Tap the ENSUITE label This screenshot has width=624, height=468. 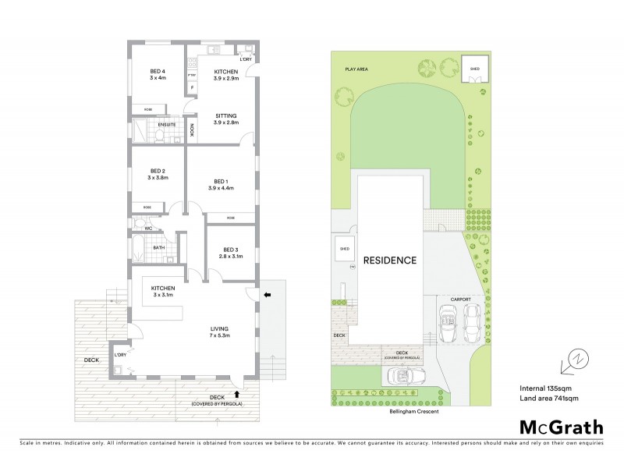point(166,125)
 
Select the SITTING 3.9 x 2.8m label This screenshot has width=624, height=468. point(225,118)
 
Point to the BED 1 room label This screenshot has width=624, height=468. point(221,184)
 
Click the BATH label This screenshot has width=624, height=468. point(158,248)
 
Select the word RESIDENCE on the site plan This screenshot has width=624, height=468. point(389,261)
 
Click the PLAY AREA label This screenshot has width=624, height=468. point(356,69)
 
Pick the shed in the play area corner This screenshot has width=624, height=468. point(474,69)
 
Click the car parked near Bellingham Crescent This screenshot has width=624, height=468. point(405,377)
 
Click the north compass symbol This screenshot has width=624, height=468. point(577,360)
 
